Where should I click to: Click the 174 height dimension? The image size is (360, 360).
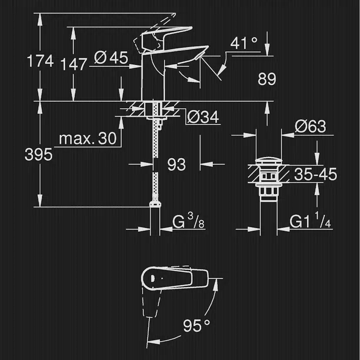tap(40, 61)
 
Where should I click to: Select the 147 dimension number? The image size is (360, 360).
tap(74, 64)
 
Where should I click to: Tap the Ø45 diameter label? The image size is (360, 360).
tap(111, 58)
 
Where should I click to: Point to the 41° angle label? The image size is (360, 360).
tap(243, 43)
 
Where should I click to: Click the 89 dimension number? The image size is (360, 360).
tap(267, 79)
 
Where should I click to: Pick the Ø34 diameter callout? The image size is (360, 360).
tap(203, 117)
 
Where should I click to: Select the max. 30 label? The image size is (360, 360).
tap(88, 139)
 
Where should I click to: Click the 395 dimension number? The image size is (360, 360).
tap(39, 154)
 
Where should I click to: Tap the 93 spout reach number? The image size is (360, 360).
tap(177, 165)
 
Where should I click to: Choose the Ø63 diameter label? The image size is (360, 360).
tap(310, 126)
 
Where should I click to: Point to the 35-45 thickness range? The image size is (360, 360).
tap(316, 174)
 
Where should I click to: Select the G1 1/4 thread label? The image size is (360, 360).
tap(310, 220)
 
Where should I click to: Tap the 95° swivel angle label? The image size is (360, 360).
tap(197, 325)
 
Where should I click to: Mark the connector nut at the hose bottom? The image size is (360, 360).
tap(155, 204)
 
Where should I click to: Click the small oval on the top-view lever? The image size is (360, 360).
tap(152, 278)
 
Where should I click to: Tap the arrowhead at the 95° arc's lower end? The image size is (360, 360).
tap(153, 342)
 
